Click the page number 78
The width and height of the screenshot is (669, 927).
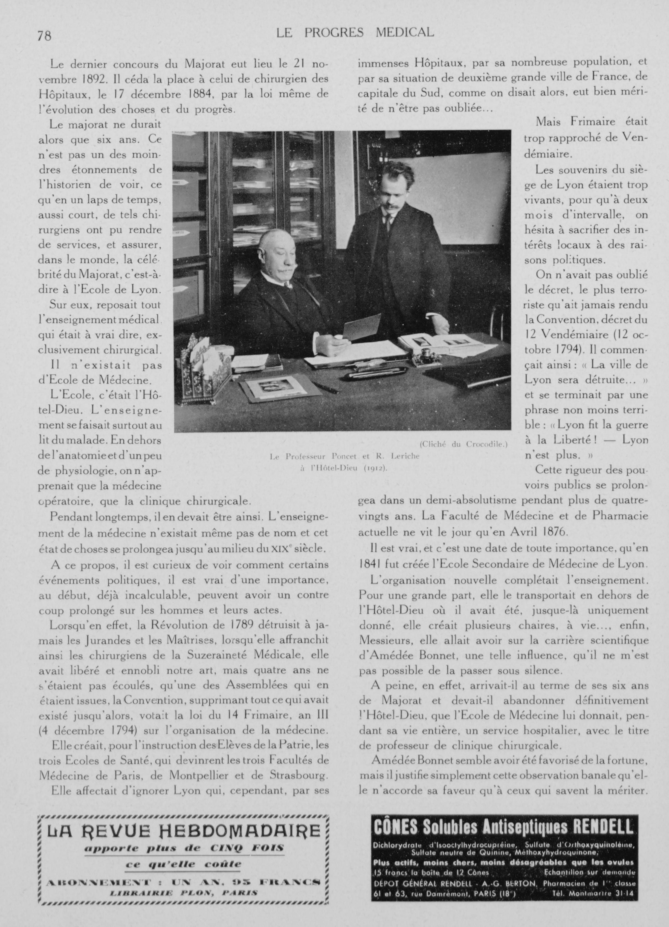[44, 36]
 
